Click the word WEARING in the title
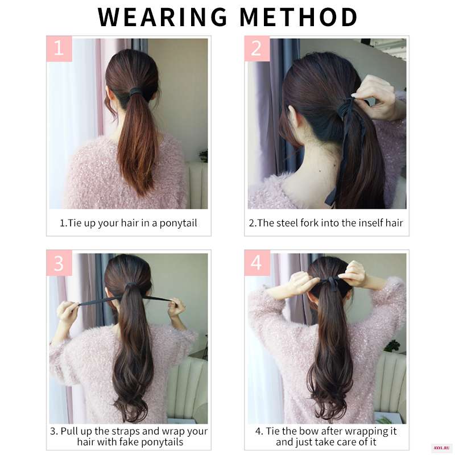pos(162,17)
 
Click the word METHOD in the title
pos(299,17)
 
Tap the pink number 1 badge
pos(59,48)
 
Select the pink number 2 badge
pos(257,48)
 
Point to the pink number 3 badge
pos(59,263)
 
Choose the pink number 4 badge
pos(257,263)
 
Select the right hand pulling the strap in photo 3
pos(176,307)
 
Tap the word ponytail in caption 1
pos(178,223)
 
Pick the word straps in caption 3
pos(126,431)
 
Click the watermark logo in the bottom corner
pos(441,448)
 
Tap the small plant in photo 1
pos(204,155)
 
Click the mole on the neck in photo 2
pos(320,171)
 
